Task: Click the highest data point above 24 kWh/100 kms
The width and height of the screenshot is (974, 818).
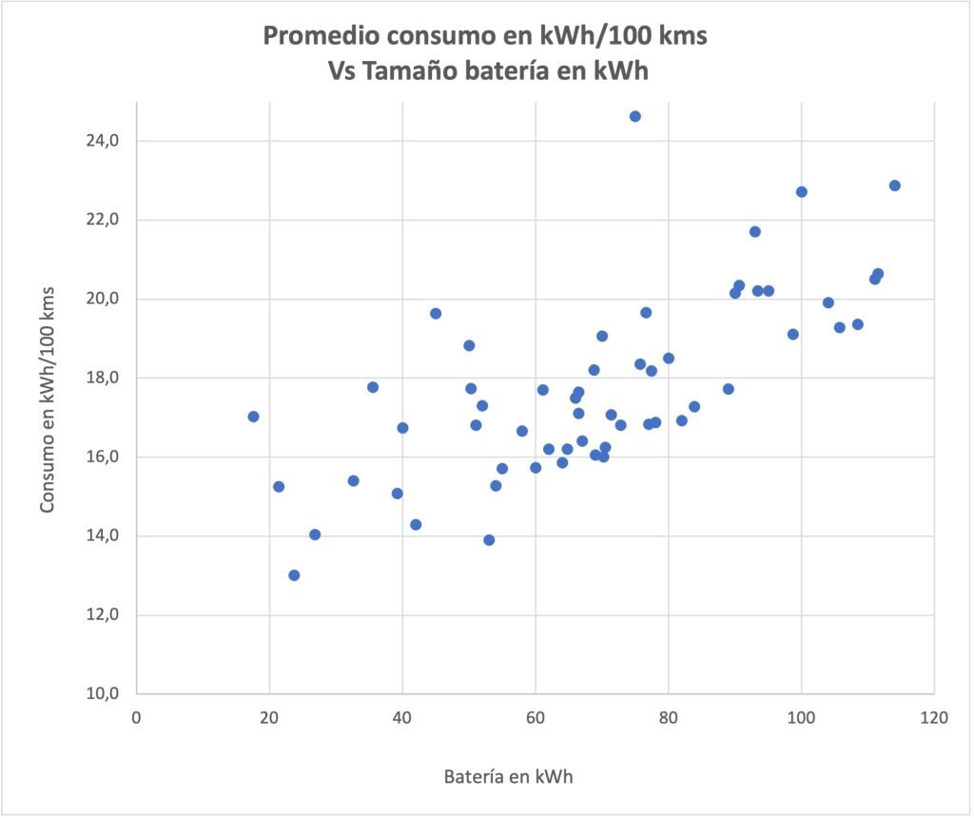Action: point(634,116)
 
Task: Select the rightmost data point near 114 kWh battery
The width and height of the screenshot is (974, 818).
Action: point(894,185)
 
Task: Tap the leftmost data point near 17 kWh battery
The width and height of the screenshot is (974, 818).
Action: point(253,417)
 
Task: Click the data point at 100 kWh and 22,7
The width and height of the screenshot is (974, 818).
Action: point(801,192)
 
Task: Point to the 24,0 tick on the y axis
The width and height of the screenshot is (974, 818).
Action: point(103,141)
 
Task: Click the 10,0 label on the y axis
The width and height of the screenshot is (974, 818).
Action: point(103,694)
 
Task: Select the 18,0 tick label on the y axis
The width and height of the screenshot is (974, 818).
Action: point(103,378)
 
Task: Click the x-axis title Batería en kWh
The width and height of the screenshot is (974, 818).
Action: point(508,776)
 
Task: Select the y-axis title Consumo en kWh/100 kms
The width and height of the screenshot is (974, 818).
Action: point(48,399)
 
